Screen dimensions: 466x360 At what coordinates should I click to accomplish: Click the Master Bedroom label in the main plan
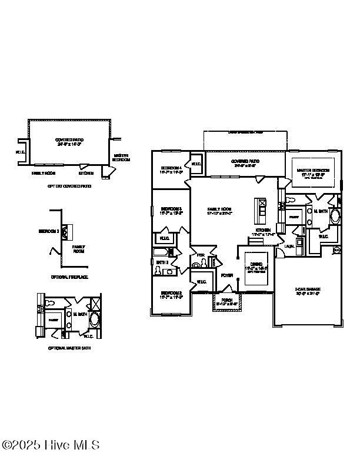312,171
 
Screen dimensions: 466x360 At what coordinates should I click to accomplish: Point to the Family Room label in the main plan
219,209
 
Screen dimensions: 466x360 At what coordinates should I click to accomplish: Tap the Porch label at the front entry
226,300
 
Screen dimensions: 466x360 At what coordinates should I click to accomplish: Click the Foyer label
226,275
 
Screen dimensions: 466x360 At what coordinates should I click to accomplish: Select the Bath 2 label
162,262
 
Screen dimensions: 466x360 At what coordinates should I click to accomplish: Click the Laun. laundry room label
289,247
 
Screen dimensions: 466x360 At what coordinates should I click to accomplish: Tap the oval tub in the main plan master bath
335,216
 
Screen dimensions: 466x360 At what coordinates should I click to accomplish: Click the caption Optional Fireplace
69,277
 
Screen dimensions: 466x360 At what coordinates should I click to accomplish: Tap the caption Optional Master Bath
69,348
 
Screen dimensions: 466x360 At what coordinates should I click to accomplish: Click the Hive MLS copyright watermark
51,445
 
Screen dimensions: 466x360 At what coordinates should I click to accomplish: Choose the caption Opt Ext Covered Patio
69,186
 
